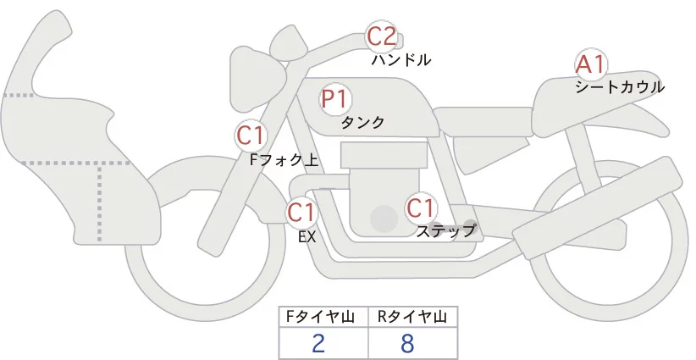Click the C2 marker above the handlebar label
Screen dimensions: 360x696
[381, 36]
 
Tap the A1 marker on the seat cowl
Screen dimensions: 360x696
[590, 64]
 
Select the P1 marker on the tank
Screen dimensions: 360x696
[335, 98]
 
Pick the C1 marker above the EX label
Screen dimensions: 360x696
[301, 211]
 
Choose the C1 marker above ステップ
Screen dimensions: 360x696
[421, 207]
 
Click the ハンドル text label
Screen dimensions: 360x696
[401, 60]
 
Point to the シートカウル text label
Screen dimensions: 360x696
[620, 86]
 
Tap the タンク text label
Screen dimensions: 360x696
[362, 122]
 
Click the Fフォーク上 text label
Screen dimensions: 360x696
[284, 158]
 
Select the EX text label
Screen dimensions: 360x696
[307, 237]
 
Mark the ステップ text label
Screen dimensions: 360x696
[445, 230]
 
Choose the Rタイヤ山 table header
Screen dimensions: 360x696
[412, 317]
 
